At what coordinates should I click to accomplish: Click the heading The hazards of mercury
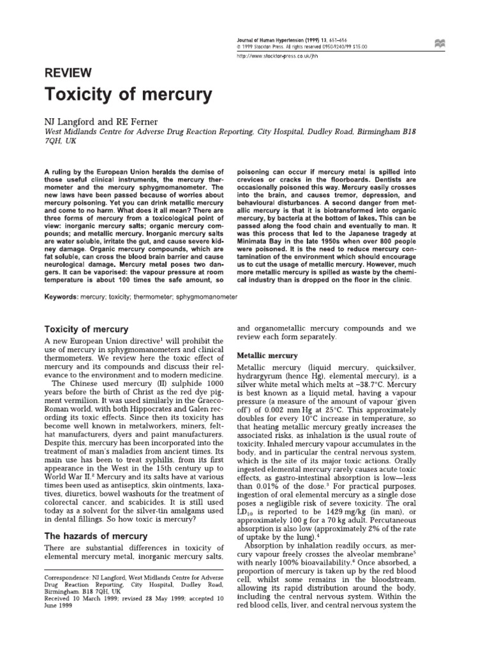click(88, 535)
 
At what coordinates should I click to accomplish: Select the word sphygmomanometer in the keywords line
click(202, 296)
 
